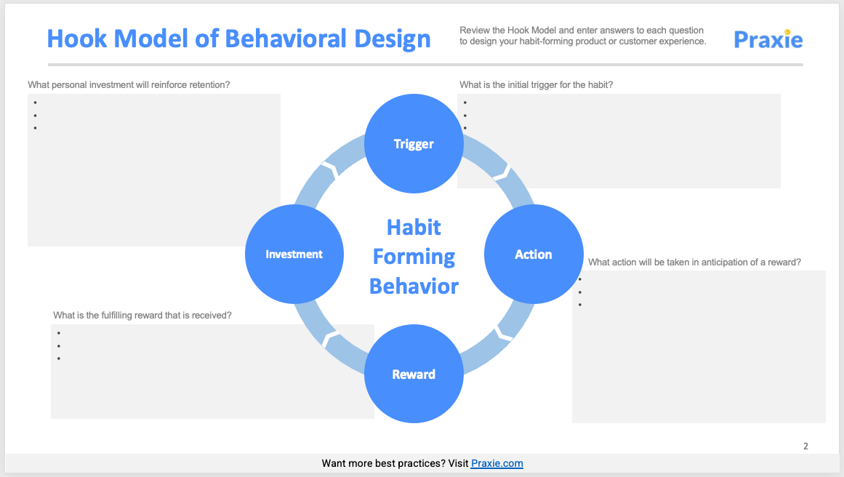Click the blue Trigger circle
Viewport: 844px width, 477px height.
click(414, 143)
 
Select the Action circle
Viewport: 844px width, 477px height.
click(534, 254)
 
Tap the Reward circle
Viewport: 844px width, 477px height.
click(414, 374)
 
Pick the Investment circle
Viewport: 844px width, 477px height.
click(294, 254)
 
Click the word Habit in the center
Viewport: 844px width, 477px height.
click(414, 227)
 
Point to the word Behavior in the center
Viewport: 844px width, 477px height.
click(414, 286)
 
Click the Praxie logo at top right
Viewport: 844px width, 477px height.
click(768, 39)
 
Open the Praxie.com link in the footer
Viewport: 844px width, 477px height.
click(497, 463)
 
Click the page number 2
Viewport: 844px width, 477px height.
click(805, 446)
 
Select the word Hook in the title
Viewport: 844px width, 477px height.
click(77, 39)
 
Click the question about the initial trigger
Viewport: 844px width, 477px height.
click(536, 84)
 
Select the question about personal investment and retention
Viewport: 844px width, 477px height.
click(129, 84)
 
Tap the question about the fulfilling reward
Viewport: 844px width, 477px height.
click(142, 316)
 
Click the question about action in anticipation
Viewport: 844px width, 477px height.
click(694, 262)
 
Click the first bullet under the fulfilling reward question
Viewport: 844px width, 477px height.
click(58, 333)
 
